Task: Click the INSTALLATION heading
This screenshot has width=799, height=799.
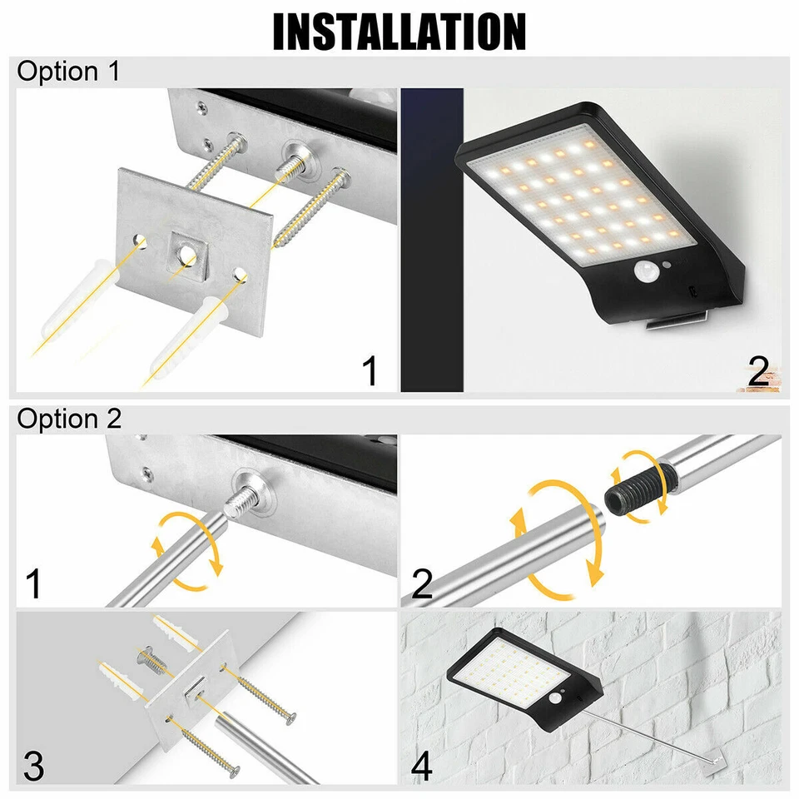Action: (399, 32)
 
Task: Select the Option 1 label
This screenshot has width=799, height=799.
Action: (68, 72)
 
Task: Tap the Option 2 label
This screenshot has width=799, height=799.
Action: (69, 419)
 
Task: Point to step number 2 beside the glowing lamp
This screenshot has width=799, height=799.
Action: (757, 372)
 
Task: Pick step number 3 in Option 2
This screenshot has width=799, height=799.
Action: (33, 765)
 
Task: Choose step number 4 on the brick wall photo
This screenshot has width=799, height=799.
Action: (422, 765)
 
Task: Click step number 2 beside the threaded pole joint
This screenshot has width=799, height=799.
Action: (422, 584)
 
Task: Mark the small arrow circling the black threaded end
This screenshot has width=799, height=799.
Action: (641, 486)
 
